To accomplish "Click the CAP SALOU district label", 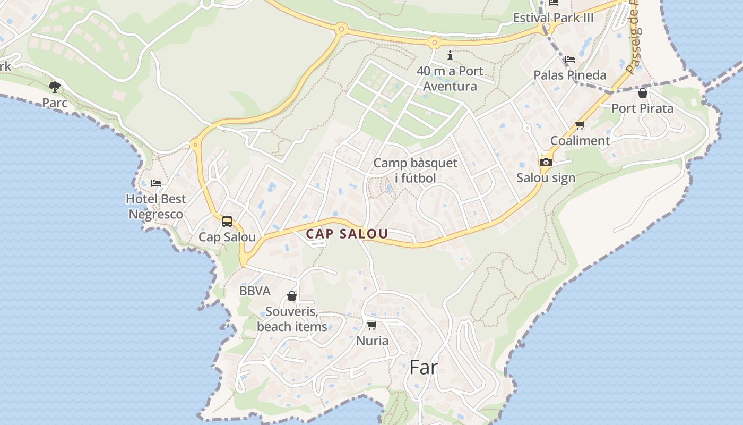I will [x=347, y=234].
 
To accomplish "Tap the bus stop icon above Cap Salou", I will [x=227, y=222].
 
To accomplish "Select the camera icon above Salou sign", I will [x=546, y=162].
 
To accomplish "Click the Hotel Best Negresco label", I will [x=156, y=207].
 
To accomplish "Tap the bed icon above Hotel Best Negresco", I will [x=156, y=183].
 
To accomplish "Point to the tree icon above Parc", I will [x=54, y=87].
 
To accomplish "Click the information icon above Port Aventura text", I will [x=450, y=55].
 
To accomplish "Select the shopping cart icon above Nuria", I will [x=372, y=325].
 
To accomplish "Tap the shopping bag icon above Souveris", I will [x=292, y=296].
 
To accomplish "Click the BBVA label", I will [x=255, y=291].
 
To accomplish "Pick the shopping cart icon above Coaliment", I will [x=580, y=125].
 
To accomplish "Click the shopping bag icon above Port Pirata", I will [x=643, y=93].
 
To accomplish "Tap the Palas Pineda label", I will [x=570, y=75].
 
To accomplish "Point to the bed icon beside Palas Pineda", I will [x=570, y=59].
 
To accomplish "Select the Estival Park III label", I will [x=553, y=18].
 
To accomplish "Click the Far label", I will [x=424, y=367].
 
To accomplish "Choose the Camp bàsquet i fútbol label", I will [x=415, y=171].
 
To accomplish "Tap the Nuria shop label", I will [x=372, y=341].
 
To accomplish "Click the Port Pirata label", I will [x=642, y=108].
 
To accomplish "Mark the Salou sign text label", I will [x=546, y=178].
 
